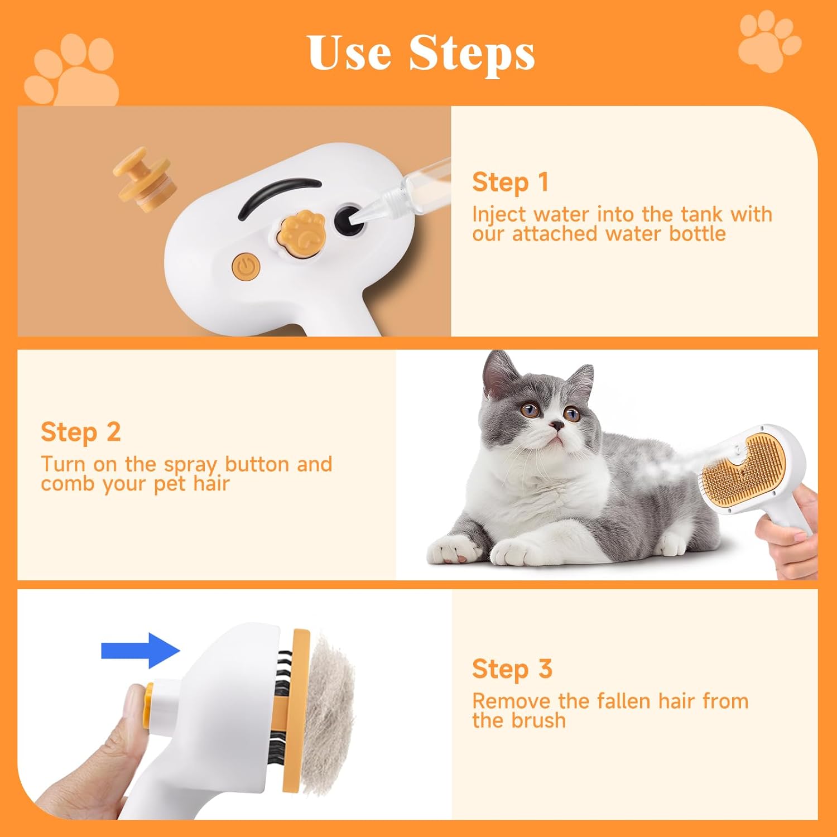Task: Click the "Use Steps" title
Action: pyautogui.click(x=421, y=53)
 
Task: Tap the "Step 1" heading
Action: pyautogui.click(x=510, y=182)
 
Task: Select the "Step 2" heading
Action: pyautogui.click(x=80, y=432)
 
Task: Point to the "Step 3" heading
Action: pyautogui.click(x=512, y=669)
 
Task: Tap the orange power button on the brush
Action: pyautogui.click(x=245, y=268)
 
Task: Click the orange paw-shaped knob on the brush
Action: pyautogui.click(x=303, y=234)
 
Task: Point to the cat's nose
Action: pyautogui.click(x=556, y=426)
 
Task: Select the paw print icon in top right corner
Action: pyautogui.click(x=769, y=42)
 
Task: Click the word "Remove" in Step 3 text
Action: pyautogui.click(x=511, y=701)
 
